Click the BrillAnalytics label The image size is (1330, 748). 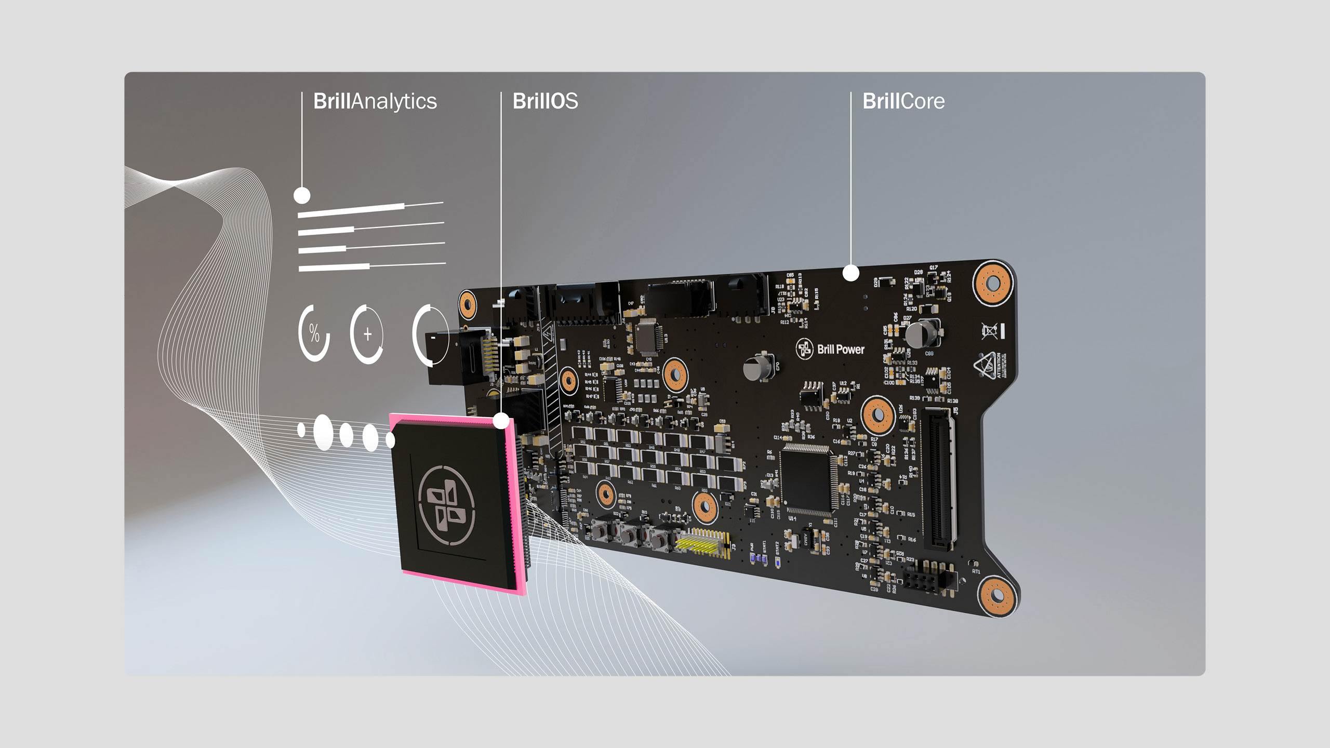tap(375, 101)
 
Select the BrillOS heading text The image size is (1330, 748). tap(545, 101)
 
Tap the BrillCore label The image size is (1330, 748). tap(903, 101)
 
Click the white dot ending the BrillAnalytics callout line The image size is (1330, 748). tap(302, 196)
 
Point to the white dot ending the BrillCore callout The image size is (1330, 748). tap(850, 273)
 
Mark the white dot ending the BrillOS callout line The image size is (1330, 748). tap(501, 421)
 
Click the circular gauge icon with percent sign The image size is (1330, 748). tap(314, 333)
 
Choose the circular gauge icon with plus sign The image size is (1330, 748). tap(367, 334)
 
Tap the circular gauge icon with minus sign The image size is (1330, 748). tap(431, 335)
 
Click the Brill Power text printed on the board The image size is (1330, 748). tap(840, 350)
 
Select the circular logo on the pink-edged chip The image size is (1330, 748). tap(446, 505)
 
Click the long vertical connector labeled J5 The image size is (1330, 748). tap(939, 478)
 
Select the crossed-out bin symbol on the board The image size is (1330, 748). tap(989, 331)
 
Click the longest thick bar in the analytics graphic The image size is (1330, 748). tap(351, 210)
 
